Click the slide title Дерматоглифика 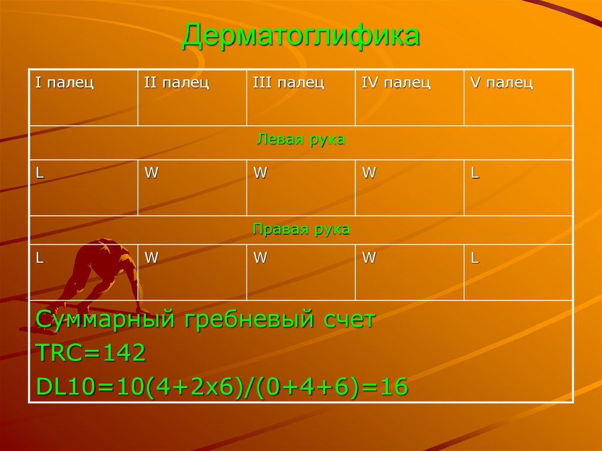pyautogui.click(x=300, y=37)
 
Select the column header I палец pyautogui.click(x=65, y=83)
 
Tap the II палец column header pyautogui.click(x=176, y=83)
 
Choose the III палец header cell pyautogui.click(x=288, y=83)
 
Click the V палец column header pyautogui.click(x=501, y=83)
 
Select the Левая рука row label pyautogui.click(x=301, y=140)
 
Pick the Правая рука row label pyautogui.click(x=301, y=229)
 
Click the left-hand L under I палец pyautogui.click(x=39, y=173)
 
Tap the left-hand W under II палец pyautogui.click(x=151, y=173)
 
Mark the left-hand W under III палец pyautogui.click(x=259, y=173)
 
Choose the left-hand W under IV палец pyautogui.click(x=368, y=173)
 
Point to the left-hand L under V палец pyautogui.click(x=474, y=173)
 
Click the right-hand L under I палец pyautogui.click(x=39, y=258)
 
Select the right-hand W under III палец pyautogui.click(x=259, y=258)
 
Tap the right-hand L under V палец pyautogui.click(x=474, y=258)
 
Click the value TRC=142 pyautogui.click(x=91, y=353)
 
